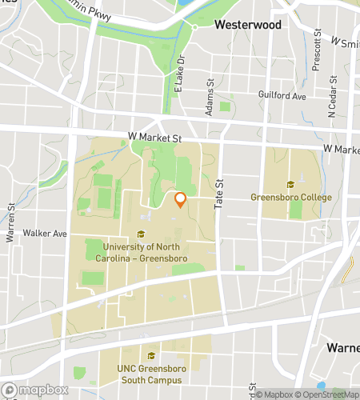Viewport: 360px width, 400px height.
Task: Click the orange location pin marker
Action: click(x=181, y=200)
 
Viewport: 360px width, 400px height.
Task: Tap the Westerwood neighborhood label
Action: click(x=248, y=25)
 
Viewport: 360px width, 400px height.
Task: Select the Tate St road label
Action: click(x=218, y=195)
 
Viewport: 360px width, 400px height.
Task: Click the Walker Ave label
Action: click(x=45, y=234)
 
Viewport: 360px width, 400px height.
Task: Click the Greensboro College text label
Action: click(x=290, y=197)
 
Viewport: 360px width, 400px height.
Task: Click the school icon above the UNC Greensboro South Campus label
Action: click(x=150, y=358)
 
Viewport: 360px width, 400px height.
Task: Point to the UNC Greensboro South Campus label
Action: click(x=150, y=375)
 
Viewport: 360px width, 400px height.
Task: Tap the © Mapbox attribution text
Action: click(x=276, y=394)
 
